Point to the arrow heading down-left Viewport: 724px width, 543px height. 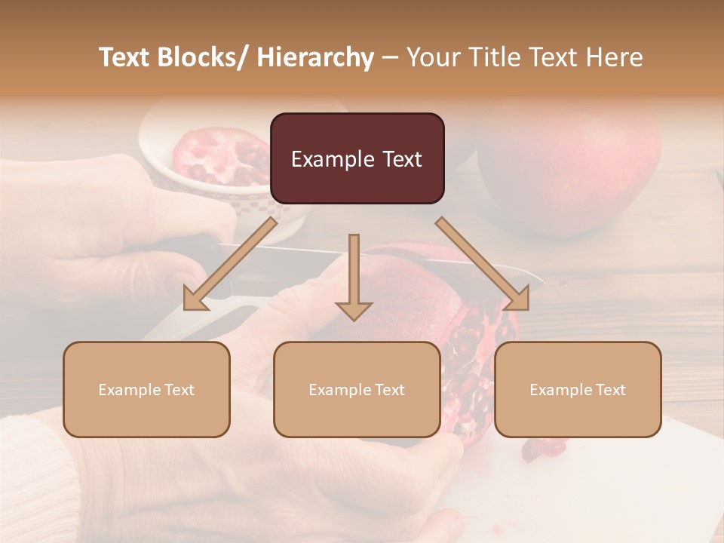(229, 264)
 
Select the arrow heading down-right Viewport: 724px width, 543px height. (483, 264)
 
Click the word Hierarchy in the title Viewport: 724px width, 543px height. (314, 57)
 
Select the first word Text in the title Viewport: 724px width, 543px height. (126, 57)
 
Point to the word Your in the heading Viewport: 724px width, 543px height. (432, 57)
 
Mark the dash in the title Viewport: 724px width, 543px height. (390, 58)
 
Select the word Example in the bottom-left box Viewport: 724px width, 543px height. (130, 390)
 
